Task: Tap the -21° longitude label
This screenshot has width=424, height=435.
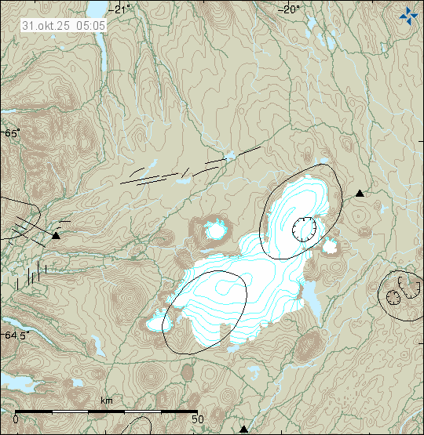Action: click(122, 9)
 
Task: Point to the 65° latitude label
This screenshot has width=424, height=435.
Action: click(12, 133)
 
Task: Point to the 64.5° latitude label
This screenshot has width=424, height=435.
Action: click(16, 335)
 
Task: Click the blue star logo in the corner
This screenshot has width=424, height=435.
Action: click(408, 13)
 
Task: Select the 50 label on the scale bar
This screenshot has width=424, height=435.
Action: click(198, 419)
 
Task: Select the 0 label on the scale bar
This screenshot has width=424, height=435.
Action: click(16, 419)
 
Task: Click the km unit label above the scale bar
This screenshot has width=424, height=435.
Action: click(106, 401)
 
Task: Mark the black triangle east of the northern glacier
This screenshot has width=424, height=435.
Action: click(360, 193)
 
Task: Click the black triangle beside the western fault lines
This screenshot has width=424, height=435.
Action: click(56, 234)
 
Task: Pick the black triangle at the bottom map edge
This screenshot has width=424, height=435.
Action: click(243, 429)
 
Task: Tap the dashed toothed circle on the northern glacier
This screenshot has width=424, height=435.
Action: click(303, 229)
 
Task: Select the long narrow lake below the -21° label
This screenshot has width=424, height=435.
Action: click(103, 55)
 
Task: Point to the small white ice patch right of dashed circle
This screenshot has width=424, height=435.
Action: click(330, 247)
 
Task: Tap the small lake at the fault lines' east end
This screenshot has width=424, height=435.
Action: click(229, 156)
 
